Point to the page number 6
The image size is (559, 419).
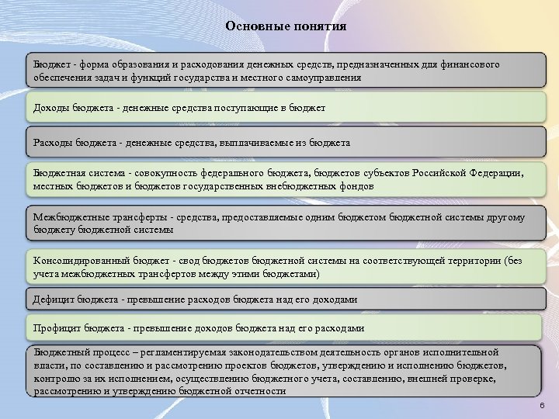(541, 407)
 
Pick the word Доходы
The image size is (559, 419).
(49, 107)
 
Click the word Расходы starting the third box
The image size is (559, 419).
(51, 143)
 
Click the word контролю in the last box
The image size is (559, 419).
(54, 379)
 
